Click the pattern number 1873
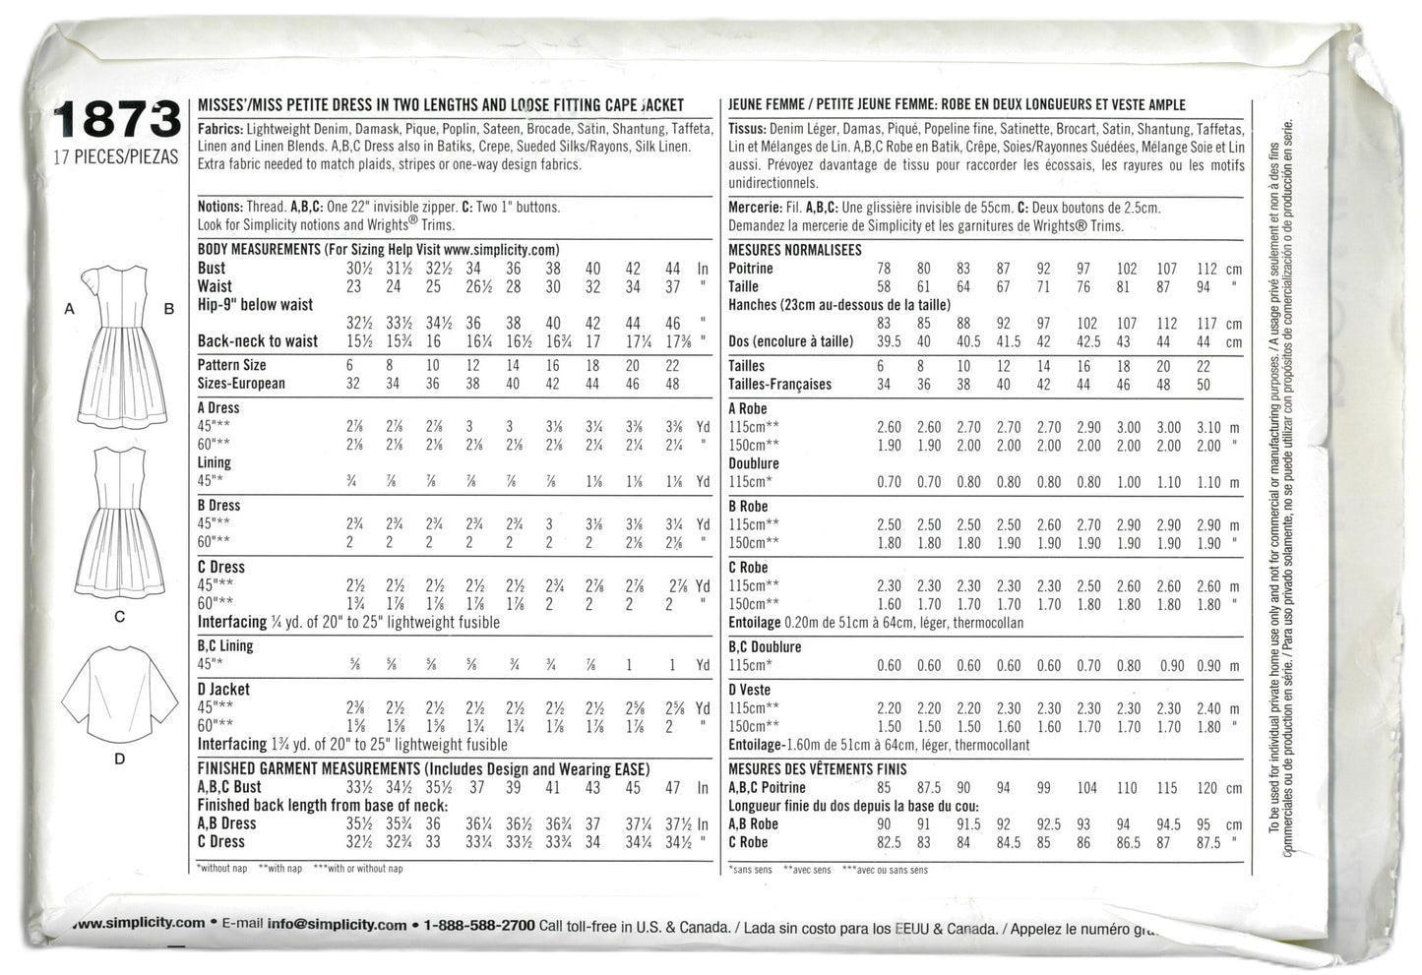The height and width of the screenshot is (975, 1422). [116, 120]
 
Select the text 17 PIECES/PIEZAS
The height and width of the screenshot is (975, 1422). [116, 156]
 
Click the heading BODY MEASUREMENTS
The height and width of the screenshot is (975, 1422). [259, 250]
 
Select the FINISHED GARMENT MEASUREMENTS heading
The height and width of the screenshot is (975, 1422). [309, 768]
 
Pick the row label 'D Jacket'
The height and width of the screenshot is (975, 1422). [223, 690]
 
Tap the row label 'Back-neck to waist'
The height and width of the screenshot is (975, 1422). [258, 341]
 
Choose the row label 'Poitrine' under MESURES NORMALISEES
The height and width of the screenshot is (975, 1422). [751, 269]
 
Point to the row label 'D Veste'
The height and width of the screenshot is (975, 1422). [750, 691]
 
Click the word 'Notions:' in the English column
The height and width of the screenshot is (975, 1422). [219, 208]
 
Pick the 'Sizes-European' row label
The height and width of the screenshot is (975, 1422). [241, 384]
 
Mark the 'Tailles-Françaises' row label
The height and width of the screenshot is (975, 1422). [779, 385]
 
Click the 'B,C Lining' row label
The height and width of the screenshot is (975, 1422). [225, 646]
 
